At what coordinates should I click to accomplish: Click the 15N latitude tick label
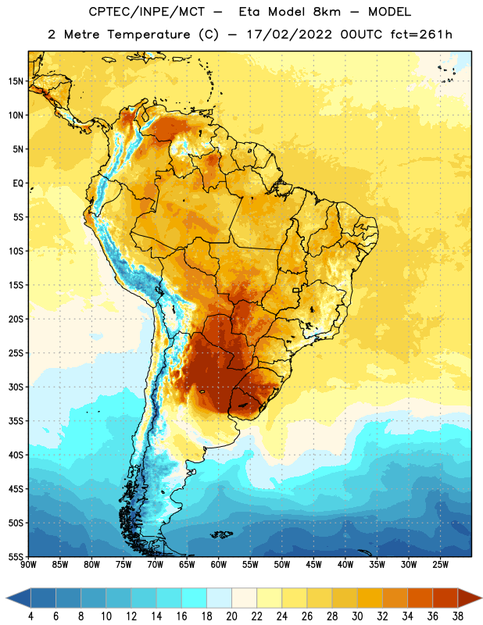pyautogui.click(x=16, y=81)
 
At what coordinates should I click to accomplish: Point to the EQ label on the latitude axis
pyautogui.click(x=18, y=184)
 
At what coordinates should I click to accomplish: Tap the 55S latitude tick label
pyautogui.click(x=16, y=556)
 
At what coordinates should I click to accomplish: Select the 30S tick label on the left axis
pyautogui.click(x=16, y=387)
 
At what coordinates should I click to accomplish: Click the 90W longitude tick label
pyautogui.click(x=28, y=565)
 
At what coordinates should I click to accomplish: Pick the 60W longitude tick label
pyautogui.click(x=219, y=565)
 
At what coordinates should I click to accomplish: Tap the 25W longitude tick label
pyautogui.click(x=440, y=565)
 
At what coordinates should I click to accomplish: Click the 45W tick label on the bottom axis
pyautogui.click(x=313, y=565)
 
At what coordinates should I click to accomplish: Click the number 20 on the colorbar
pyautogui.click(x=231, y=616)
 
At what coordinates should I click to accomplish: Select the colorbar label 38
pyautogui.click(x=458, y=616)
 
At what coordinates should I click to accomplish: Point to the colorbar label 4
pyautogui.click(x=30, y=616)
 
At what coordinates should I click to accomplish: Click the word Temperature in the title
pyautogui.click(x=148, y=34)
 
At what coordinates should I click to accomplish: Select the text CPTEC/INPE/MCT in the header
pyautogui.click(x=147, y=12)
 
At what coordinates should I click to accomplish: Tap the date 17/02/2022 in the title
pyautogui.click(x=289, y=34)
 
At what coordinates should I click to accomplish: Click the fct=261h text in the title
pyautogui.click(x=421, y=34)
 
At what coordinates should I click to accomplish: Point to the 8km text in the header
pyautogui.click(x=327, y=12)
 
